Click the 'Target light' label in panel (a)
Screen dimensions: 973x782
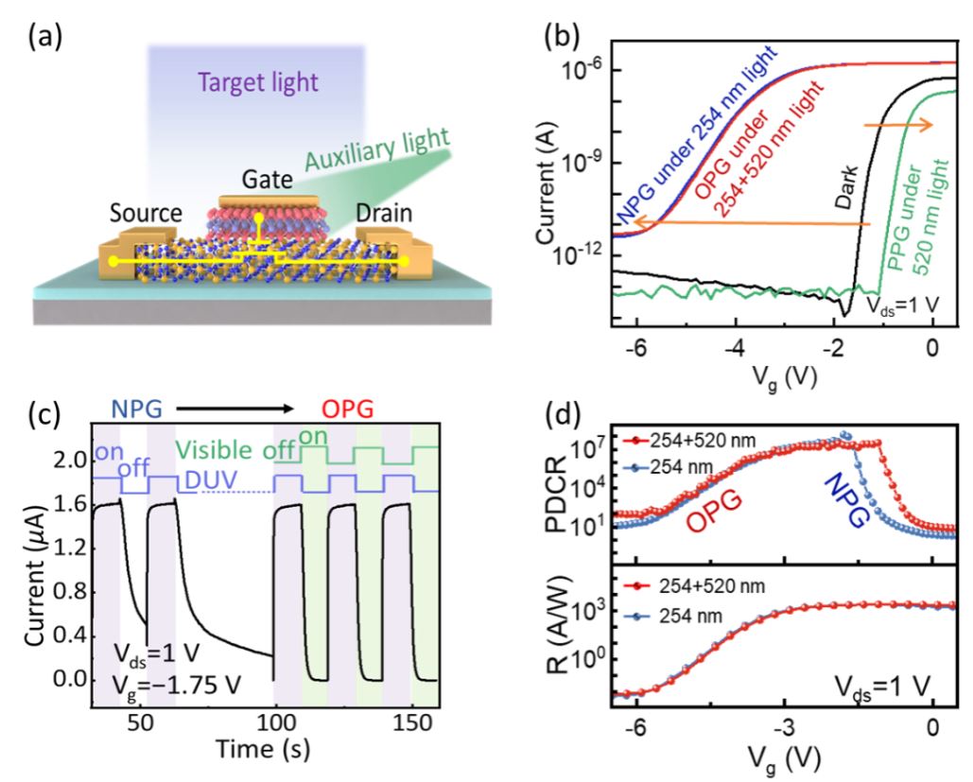click(257, 82)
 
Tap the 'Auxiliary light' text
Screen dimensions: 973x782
click(376, 149)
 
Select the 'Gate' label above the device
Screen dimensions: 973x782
click(268, 180)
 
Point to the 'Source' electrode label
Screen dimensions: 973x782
click(146, 213)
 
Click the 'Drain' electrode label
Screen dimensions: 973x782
click(384, 214)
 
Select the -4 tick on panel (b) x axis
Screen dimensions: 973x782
click(735, 348)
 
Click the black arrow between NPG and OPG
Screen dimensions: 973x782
click(235, 408)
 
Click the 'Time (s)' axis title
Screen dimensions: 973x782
click(263, 749)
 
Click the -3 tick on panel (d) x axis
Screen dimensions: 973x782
click(785, 728)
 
